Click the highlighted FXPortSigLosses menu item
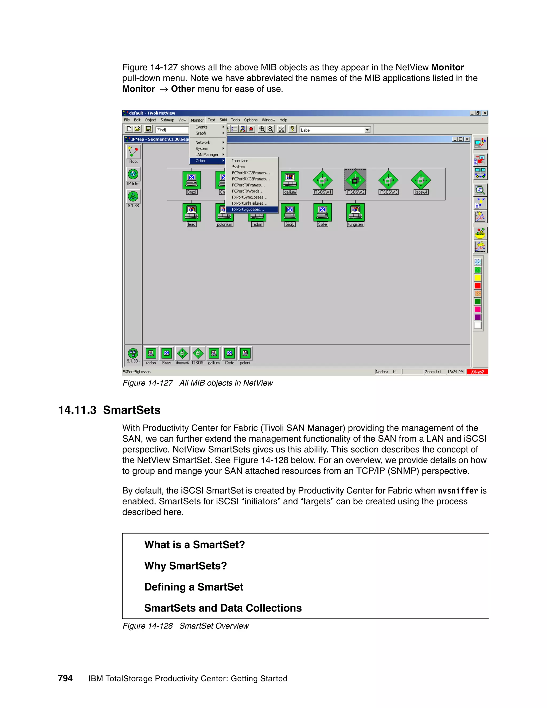tap(248, 209)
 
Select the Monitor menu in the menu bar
tap(197, 120)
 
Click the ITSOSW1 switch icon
tap(322, 180)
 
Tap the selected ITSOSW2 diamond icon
tap(355, 180)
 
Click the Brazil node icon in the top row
tap(192, 180)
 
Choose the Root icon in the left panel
tap(133, 152)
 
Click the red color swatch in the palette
tap(478, 286)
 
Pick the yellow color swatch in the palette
tap(478, 278)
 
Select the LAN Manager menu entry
tap(207, 155)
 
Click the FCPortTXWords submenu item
tap(248, 191)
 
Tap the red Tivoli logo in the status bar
tap(477, 372)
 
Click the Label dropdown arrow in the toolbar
tap(367, 130)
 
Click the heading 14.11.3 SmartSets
tap(109, 410)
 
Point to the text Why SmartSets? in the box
tap(185, 566)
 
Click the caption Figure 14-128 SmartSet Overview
tap(185, 626)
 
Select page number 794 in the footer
tap(65, 678)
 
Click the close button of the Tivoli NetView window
tap(485, 113)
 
